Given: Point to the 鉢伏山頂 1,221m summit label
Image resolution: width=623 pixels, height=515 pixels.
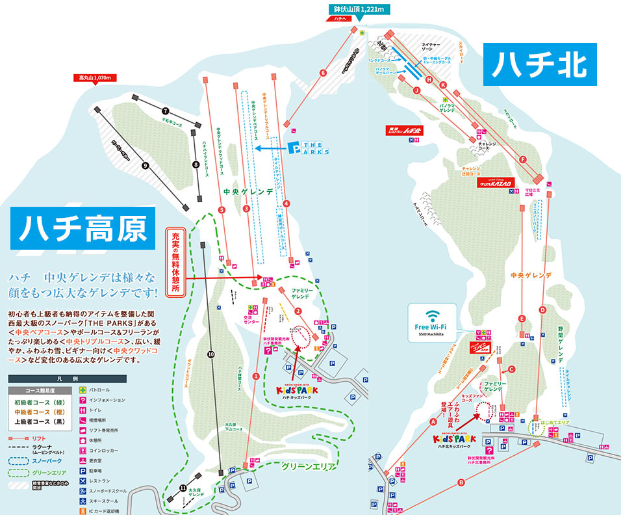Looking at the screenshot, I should [357, 10].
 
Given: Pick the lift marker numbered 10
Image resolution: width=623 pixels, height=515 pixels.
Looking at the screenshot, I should [210, 354].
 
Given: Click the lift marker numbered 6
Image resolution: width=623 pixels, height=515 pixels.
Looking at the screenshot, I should [323, 73].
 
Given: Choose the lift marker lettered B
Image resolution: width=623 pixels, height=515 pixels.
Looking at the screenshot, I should [461, 482].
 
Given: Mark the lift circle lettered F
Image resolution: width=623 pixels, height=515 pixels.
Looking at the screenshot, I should [522, 159].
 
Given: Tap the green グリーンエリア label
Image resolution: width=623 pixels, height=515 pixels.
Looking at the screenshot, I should [308, 466].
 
